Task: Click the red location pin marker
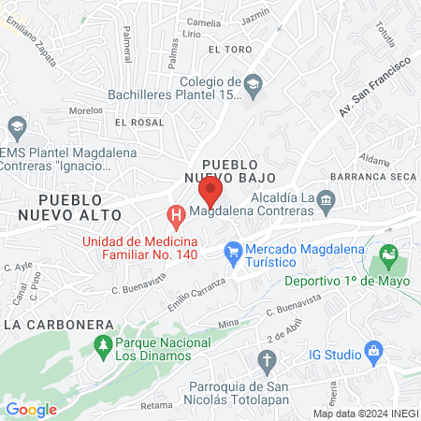pos(210,193)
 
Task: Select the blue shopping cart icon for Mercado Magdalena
pos(233,251)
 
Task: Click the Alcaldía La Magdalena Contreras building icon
pos(326,198)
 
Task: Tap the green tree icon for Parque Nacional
pos(103,347)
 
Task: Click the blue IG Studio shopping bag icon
pos(374,354)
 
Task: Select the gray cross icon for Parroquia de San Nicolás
pos(269,361)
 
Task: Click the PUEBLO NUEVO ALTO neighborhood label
pos(82,207)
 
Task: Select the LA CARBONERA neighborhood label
pos(59,325)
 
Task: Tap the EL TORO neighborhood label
pos(230,49)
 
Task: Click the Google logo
pos(31,409)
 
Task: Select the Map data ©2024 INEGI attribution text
pos(365,414)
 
